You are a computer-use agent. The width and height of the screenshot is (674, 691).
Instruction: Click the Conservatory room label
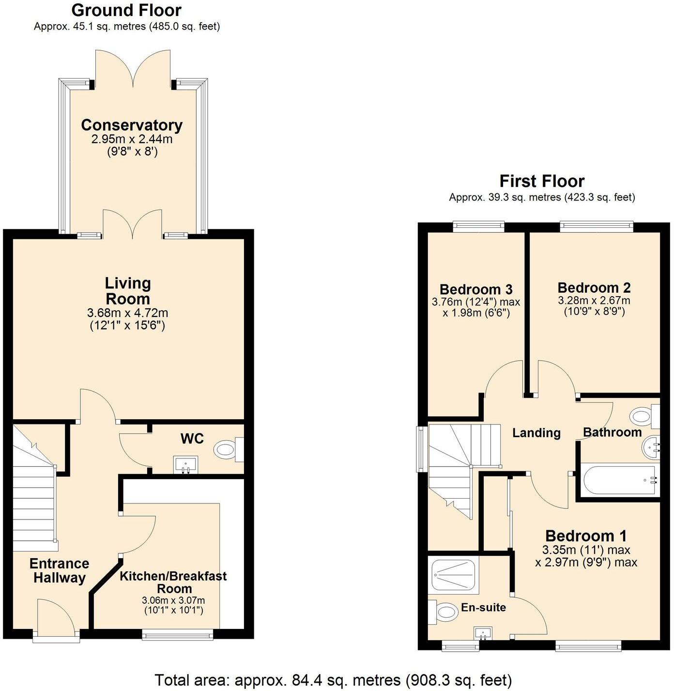point(132,125)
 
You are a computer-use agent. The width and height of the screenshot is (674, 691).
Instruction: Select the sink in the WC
point(185,464)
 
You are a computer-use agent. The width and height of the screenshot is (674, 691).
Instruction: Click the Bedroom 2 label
point(594,288)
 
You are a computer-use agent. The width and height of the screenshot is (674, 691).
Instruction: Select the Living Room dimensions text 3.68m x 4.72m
point(128,313)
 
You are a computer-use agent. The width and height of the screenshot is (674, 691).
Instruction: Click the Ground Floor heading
point(126,10)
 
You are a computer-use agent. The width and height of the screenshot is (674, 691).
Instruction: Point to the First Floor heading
point(542,181)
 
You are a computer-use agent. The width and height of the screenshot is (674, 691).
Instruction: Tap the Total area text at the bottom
point(333,680)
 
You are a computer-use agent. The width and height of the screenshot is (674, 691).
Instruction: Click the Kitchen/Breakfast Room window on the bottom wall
point(178,634)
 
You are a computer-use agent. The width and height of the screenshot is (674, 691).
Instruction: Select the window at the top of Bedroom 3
point(478,225)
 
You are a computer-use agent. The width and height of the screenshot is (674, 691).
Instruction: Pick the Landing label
point(536,433)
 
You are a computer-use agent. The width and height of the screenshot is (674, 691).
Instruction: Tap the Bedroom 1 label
point(586,536)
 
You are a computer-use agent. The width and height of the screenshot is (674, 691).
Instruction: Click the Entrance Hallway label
point(59,570)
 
